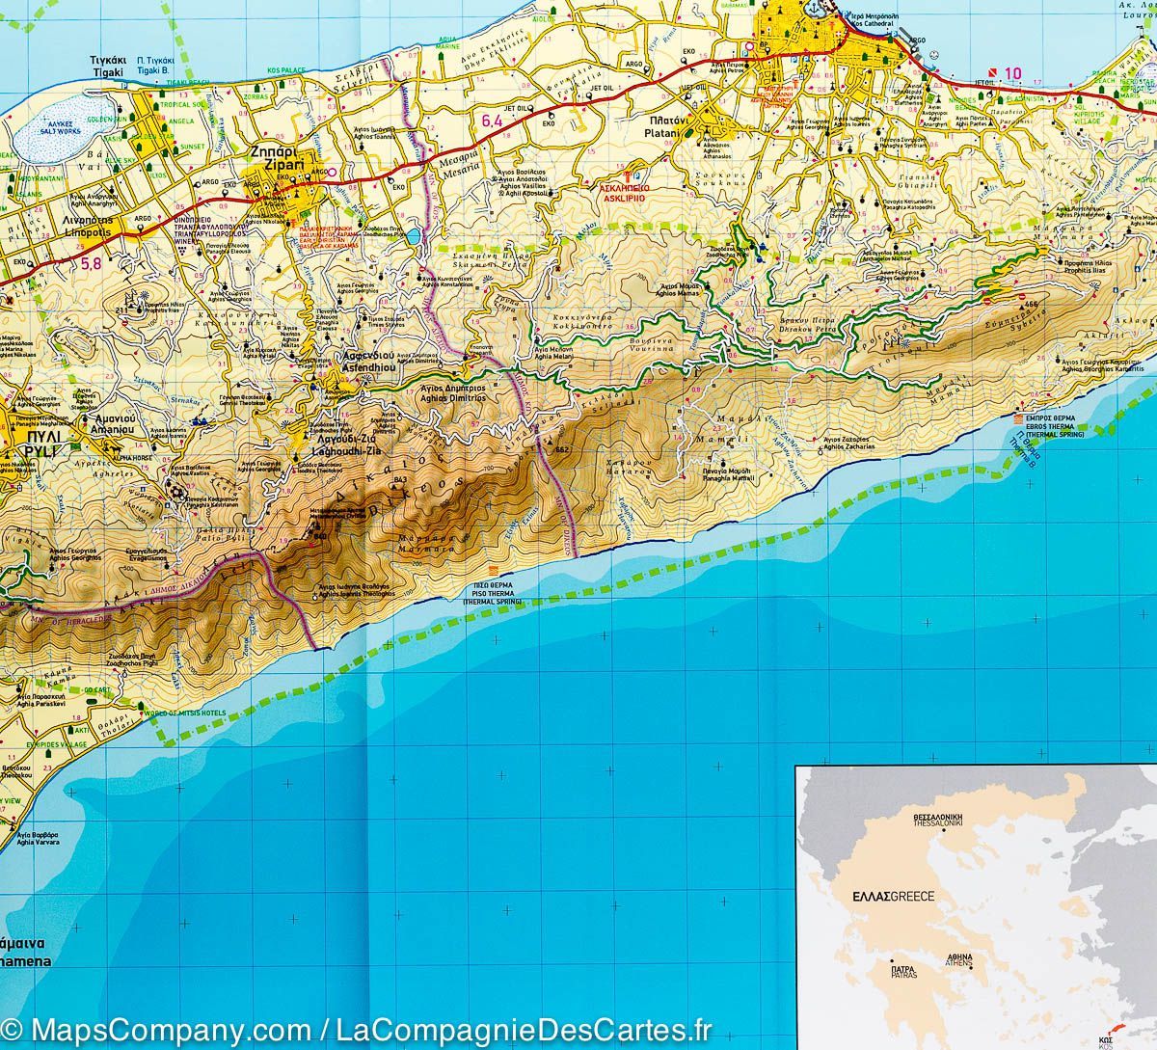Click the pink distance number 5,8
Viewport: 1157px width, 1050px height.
tap(91, 263)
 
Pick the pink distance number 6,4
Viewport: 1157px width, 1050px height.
tap(492, 121)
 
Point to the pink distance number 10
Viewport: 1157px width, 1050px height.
tap(1011, 73)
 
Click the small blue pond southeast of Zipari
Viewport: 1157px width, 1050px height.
tap(413, 236)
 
